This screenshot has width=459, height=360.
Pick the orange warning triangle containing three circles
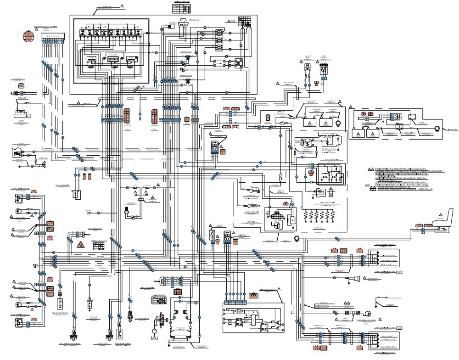click(80, 244)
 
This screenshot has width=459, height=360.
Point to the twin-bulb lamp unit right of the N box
click(323, 69)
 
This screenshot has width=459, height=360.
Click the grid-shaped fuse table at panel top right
click(244, 21)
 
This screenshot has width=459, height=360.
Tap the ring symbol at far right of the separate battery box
click(437, 129)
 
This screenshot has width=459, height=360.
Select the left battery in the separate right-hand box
click(358, 133)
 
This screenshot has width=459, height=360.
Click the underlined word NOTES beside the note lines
click(367, 185)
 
